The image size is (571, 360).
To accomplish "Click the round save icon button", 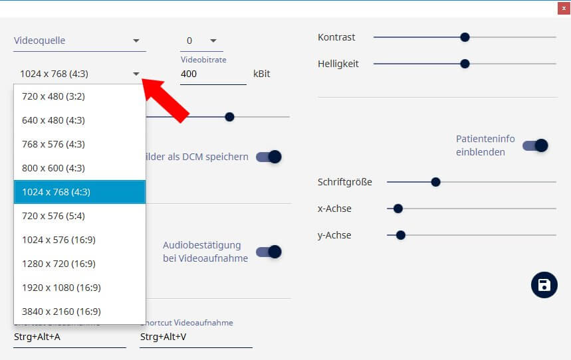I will [x=544, y=285].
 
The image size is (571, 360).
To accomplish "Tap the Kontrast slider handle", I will [x=465, y=37].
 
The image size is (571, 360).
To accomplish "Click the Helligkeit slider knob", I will [x=465, y=64].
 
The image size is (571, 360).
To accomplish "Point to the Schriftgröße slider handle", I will [x=435, y=182].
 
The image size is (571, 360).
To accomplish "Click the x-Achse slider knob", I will [x=398, y=209].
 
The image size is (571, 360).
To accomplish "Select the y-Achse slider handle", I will [x=401, y=235].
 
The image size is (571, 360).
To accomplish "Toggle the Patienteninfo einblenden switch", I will [x=535, y=145].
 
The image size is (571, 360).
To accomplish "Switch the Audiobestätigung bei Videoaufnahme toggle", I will [x=269, y=252].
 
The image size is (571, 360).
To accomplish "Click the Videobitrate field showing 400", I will [x=213, y=74].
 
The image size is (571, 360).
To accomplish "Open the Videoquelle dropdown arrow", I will [x=136, y=41].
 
